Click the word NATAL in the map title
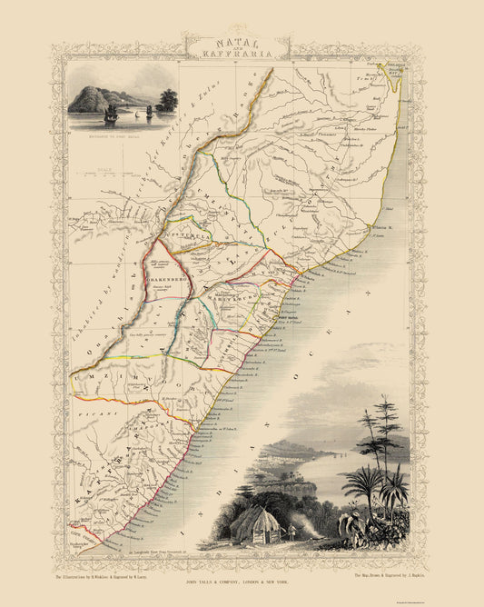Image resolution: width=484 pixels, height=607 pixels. click(x=242, y=41)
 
